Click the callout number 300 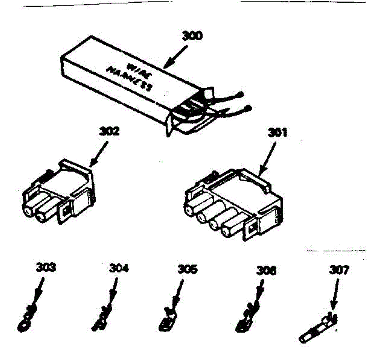coord(192,36)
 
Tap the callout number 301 coord(277,133)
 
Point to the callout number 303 coord(46,268)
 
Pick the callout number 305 coord(187,270)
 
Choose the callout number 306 coord(266,270)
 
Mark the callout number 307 coord(339,270)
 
